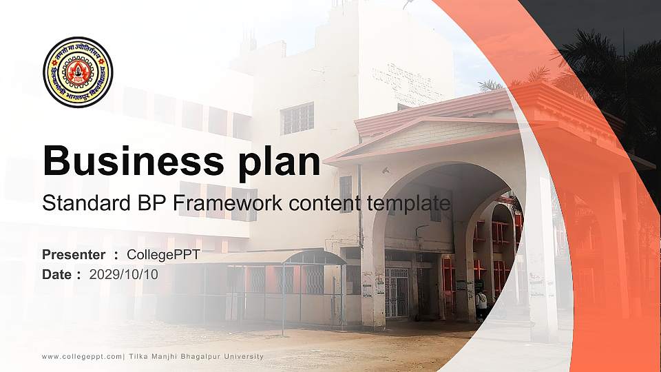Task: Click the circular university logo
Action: point(78,72)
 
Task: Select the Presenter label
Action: point(74,255)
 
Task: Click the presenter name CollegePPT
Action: point(163,255)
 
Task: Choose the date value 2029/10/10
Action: point(123,274)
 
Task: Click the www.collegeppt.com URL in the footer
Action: point(82,356)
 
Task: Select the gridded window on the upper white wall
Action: point(297,118)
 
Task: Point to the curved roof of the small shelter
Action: point(313,256)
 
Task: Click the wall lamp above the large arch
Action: point(386,169)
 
